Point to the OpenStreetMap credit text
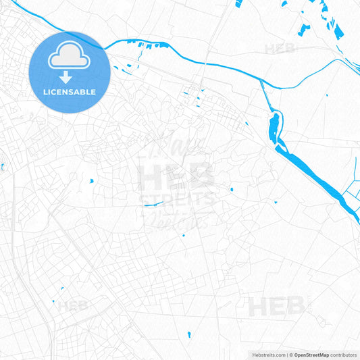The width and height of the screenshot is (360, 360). click(311, 354)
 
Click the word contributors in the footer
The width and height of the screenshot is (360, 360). click(343, 354)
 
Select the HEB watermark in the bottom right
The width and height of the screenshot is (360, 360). click(276, 306)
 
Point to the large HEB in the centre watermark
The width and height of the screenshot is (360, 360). click(177, 177)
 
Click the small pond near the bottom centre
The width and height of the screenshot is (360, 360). click(190, 334)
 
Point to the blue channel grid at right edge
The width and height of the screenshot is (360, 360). click(351, 192)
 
